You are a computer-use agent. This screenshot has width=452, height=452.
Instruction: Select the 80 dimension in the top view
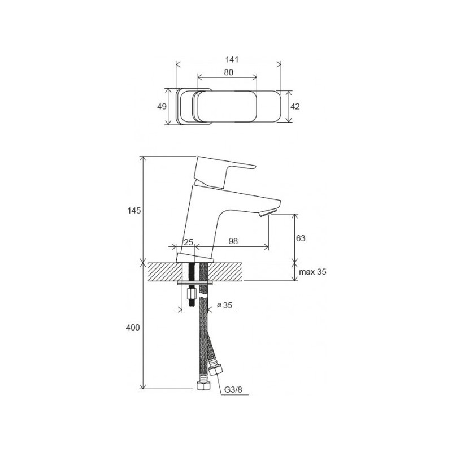(x=228, y=72)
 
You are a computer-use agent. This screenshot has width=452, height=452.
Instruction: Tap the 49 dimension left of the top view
(x=162, y=106)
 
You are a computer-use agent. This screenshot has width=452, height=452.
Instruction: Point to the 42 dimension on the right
(x=295, y=106)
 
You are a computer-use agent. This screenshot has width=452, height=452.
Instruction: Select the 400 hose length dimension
(x=133, y=327)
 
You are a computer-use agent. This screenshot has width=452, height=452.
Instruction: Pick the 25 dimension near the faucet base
(x=189, y=242)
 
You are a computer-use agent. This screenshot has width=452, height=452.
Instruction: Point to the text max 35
(x=313, y=272)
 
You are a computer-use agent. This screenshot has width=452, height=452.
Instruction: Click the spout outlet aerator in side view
(x=266, y=214)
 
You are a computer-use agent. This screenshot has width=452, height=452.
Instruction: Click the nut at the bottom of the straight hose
(x=202, y=388)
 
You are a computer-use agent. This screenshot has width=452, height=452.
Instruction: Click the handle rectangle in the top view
(x=226, y=106)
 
